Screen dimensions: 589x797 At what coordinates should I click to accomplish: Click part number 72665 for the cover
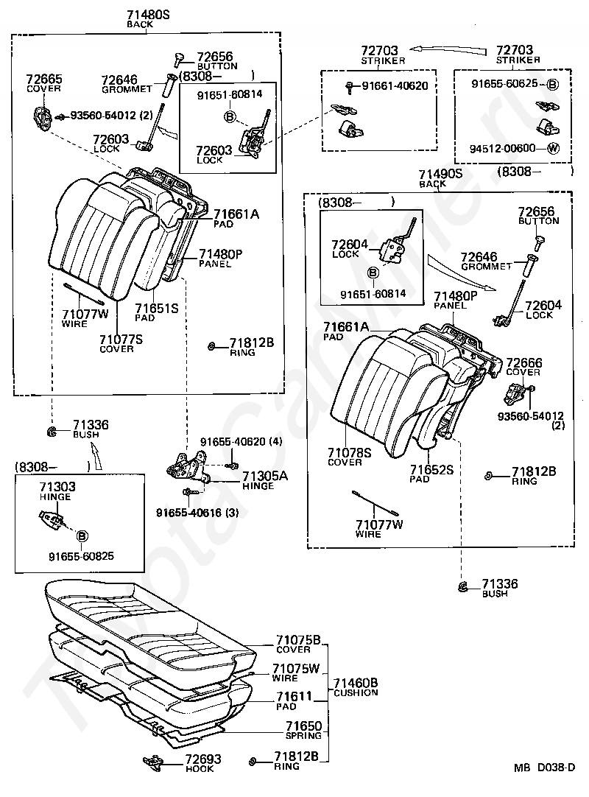click(x=43, y=79)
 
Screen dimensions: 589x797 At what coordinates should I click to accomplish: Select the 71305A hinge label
click(x=264, y=480)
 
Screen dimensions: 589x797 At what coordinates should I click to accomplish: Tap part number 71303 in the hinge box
click(x=57, y=487)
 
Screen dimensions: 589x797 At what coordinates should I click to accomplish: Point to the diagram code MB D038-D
click(x=544, y=768)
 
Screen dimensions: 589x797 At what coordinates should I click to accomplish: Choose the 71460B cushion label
click(x=356, y=687)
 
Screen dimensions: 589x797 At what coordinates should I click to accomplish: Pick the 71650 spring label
click(x=303, y=731)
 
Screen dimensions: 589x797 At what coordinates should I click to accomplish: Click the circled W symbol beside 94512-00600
click(x=553, y=148)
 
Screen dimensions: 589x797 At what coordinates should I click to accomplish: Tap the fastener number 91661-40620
click(x=395, y=86)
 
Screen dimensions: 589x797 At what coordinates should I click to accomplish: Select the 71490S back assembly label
click(x=440, y=178)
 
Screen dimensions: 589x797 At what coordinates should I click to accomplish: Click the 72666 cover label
click(x=524, y=367)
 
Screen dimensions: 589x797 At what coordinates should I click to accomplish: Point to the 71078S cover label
click(x=349, y=457)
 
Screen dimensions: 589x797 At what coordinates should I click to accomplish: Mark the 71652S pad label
click(x=431, y=474)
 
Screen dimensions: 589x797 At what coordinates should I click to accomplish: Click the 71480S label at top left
click(x=148, y=15)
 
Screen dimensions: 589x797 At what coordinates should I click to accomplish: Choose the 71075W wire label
click(x=295, y=673)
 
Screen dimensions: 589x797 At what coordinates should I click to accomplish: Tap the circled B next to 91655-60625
click(x=552, y=85)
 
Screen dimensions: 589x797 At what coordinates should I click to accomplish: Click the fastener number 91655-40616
click(x=189, y=513)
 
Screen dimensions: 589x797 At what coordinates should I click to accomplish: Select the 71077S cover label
click(x=121, y=343)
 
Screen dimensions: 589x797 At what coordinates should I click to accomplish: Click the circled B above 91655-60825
click(x=82, y=536)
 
